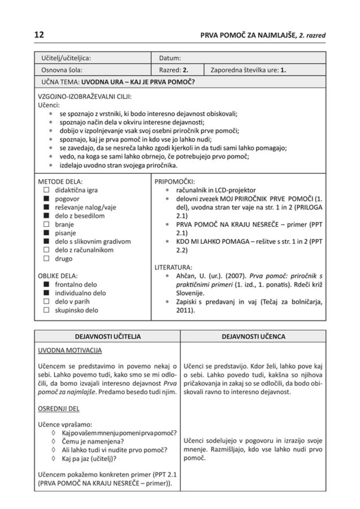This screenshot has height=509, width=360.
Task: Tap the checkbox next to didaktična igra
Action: point(46,191)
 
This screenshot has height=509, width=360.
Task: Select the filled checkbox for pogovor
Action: point(46,199)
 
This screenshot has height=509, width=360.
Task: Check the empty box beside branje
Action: point(46,225)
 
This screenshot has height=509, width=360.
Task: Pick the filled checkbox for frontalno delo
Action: point(46,285)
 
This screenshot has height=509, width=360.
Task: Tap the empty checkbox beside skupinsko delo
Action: point(46,310)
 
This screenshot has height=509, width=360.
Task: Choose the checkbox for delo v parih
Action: point(46,302)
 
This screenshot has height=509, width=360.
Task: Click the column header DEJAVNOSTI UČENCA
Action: point(253,336)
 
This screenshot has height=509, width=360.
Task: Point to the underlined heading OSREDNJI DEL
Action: point(58,409)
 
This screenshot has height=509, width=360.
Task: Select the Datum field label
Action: point(170,58)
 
